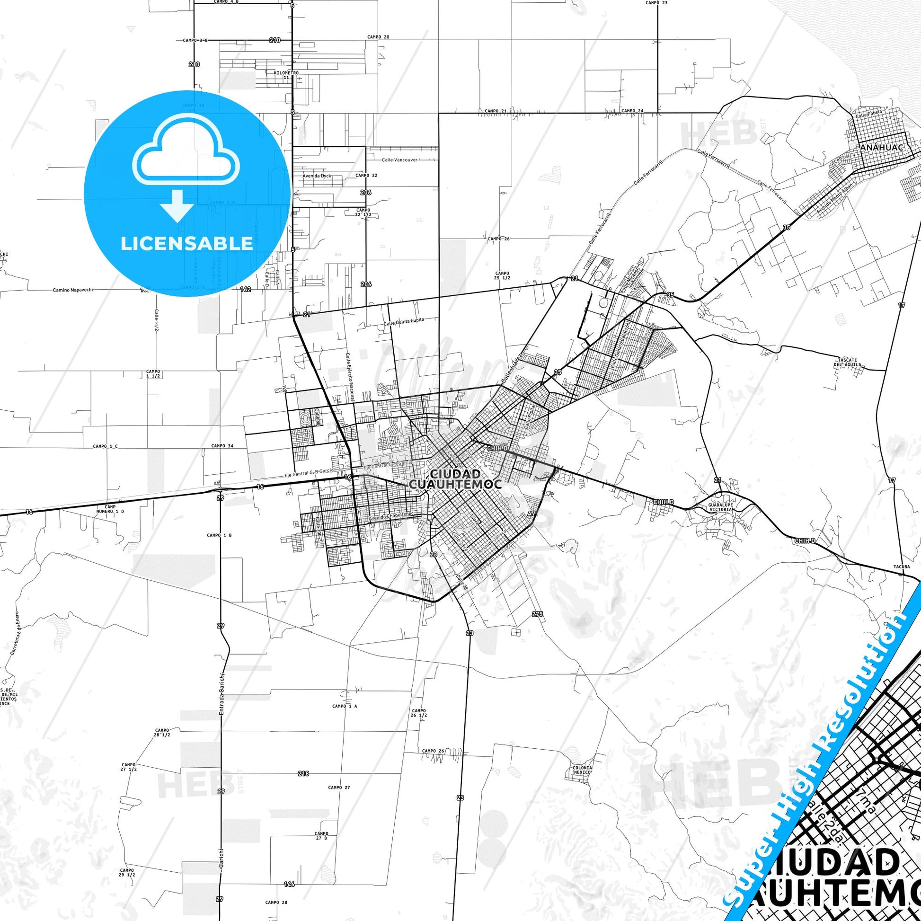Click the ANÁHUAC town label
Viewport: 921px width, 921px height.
pyautogui.click(x=875, y=148)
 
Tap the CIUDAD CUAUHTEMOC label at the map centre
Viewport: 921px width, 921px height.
pyautogui.click(x=454, y=479)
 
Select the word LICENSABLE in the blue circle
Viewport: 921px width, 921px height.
pyautogui.click(x=186, y=243)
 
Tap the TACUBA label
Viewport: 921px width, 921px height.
pyautogui.click(x=902, y=567)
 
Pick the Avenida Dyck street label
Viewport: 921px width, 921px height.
pyautogui.click(x=317, y=176)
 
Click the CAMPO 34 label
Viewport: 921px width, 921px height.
pyautogui.click(x=222, y=446)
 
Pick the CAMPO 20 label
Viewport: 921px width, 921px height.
pyautogui.click(x=379, y=37)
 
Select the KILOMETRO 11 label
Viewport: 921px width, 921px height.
pyautogui.click(x=286, y=75)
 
